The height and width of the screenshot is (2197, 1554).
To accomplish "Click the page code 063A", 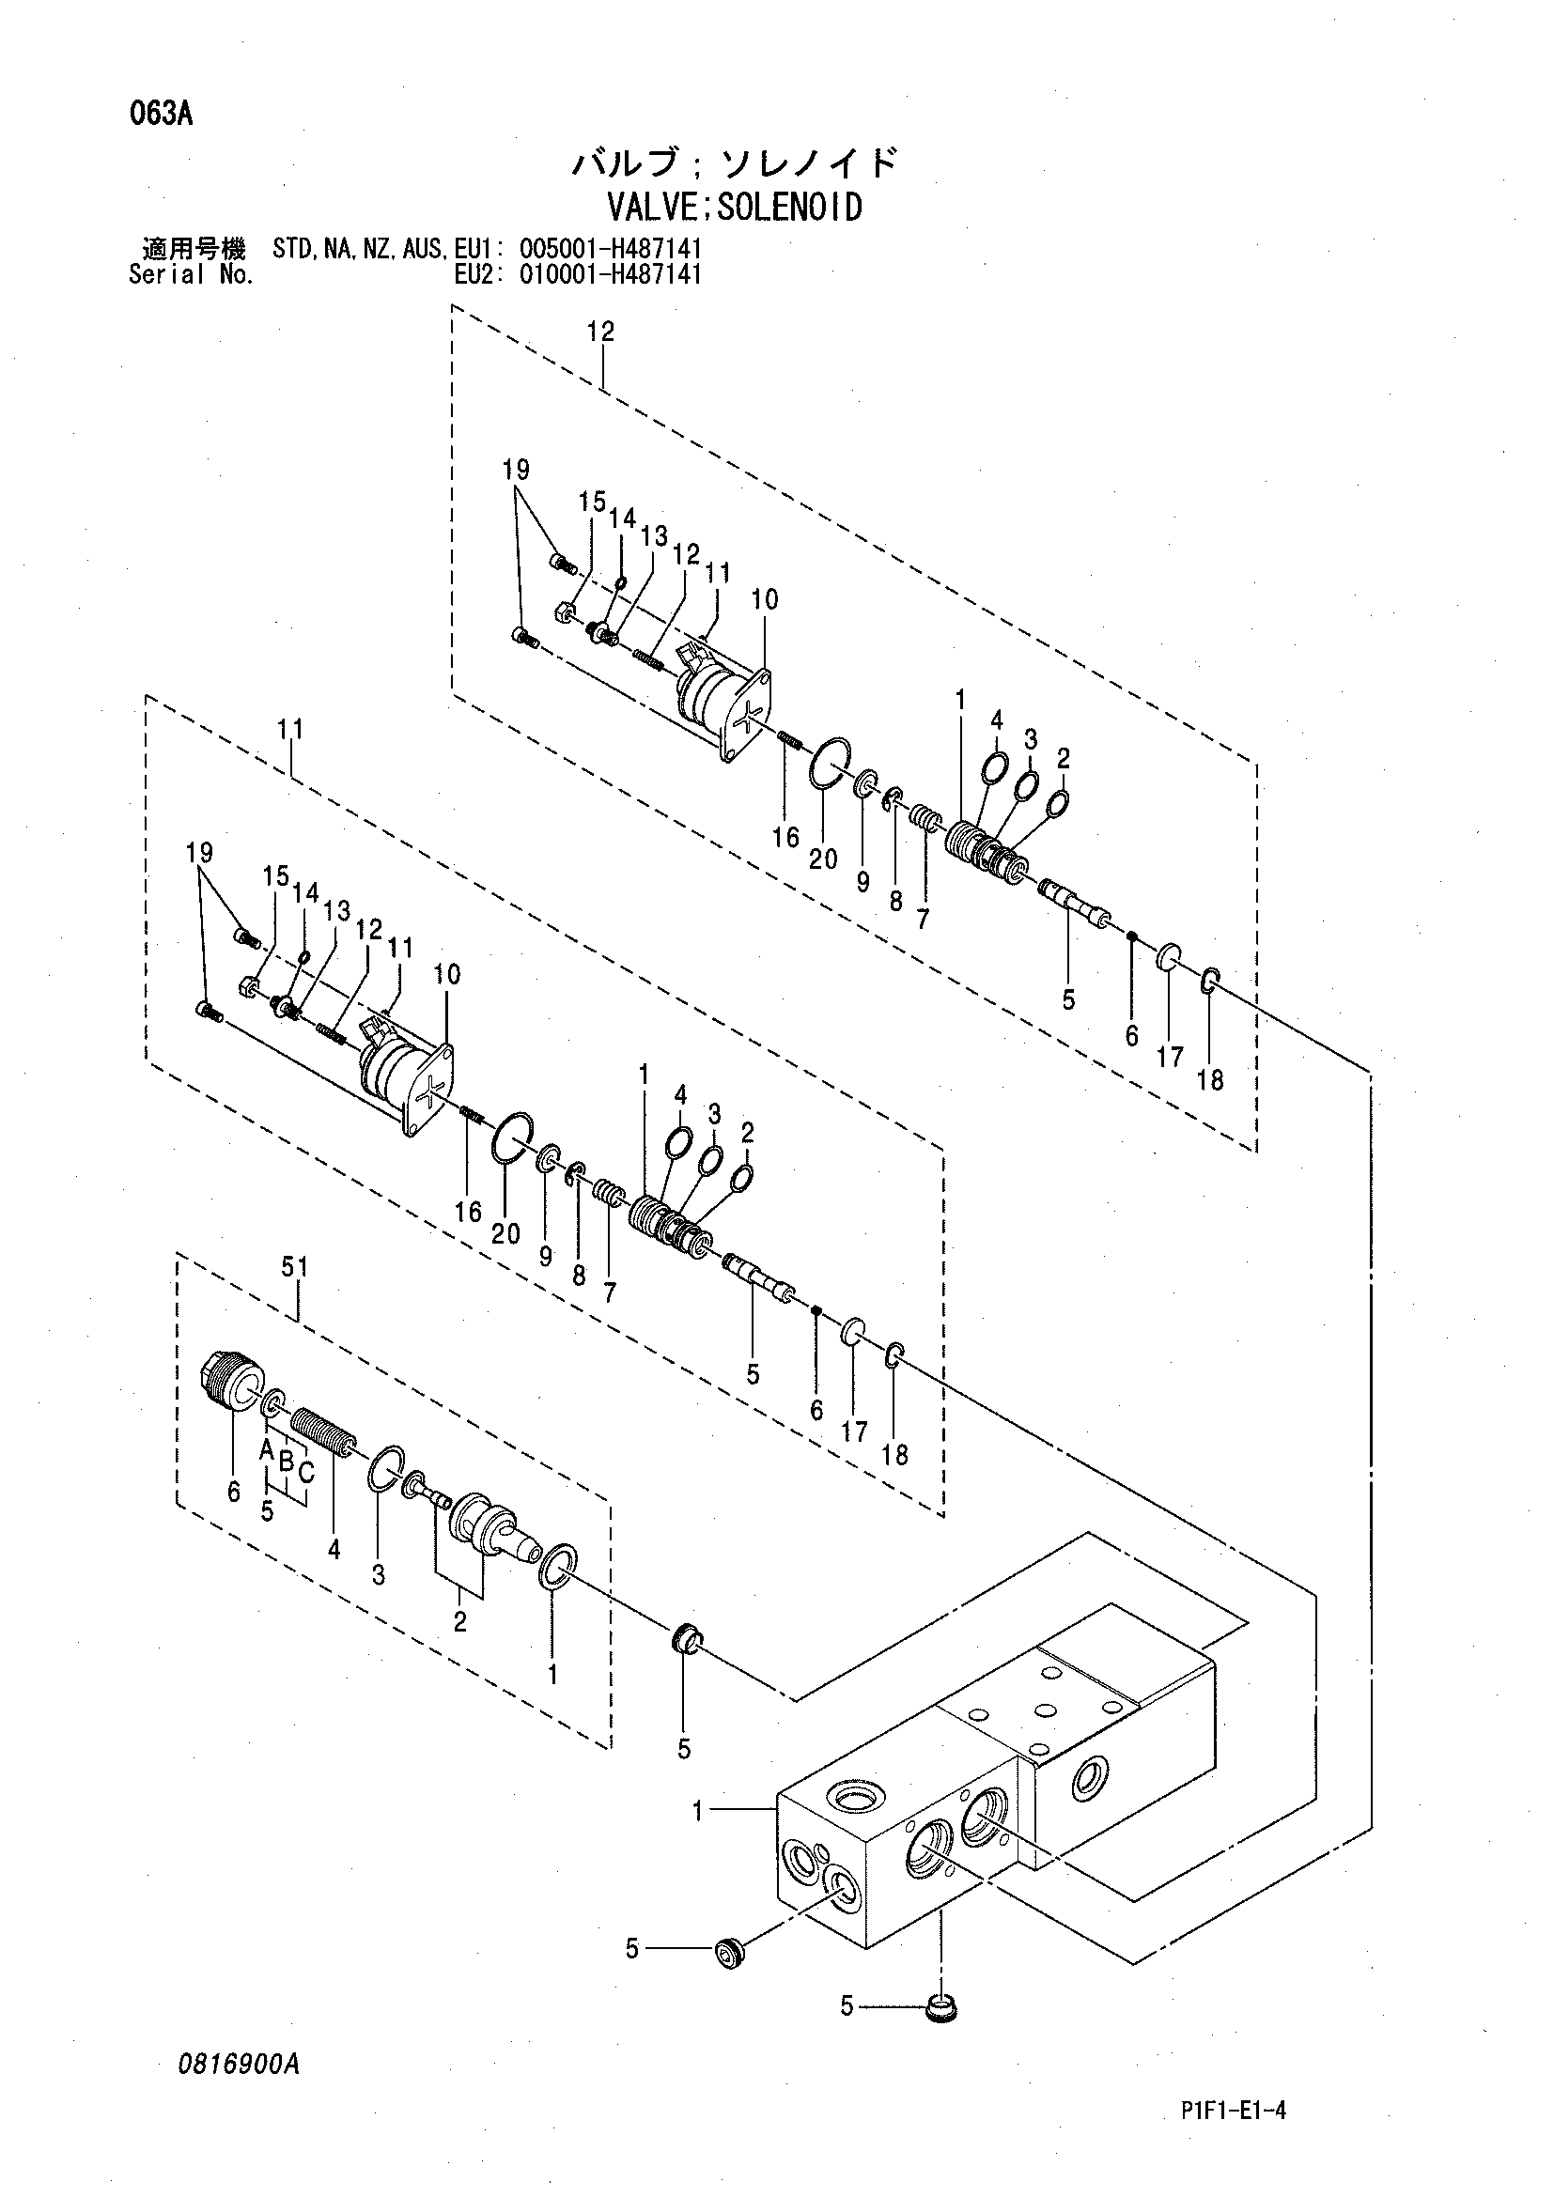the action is click(161, 115).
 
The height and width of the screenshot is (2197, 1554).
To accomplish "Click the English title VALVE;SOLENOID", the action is click(735, 207).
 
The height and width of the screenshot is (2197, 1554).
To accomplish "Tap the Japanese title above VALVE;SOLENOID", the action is click(735, 162).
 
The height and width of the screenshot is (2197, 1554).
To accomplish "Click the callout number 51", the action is click(295, 1267).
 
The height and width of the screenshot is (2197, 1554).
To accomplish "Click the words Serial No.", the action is click(192, 275).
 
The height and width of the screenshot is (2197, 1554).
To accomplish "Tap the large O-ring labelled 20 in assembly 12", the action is click(829, 766).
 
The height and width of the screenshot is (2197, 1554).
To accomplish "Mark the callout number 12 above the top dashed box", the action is click(601, 332).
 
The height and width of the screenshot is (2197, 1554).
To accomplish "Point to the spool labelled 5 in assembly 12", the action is click(1075, 902).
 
